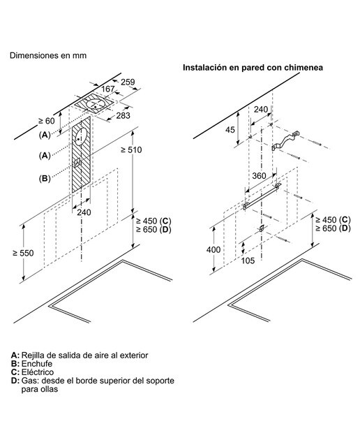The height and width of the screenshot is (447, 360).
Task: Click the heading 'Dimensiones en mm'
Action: [x=48, y=55]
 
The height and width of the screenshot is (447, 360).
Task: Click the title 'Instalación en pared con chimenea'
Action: [x=253, y=68]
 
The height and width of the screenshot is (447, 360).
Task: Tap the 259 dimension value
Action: [x=128, y=82]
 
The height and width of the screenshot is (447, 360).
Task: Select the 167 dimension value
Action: [x=108, y=89]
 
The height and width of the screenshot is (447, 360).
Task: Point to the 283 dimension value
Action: [x=123, y=115]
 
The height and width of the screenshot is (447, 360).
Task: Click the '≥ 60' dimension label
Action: [x=47, y=121]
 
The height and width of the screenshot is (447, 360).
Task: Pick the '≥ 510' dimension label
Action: [x=131, y=150]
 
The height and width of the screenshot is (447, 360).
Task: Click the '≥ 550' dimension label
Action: [x=23, y=253]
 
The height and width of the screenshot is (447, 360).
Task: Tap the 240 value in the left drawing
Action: [x=84, y=212]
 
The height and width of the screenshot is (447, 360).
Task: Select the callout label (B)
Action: [x=45, y=179]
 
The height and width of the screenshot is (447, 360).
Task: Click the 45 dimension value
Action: [x=230, y=130]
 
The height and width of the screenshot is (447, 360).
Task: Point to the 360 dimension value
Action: [x=259, y=176]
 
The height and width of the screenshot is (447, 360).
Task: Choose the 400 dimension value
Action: [x=213, y=250]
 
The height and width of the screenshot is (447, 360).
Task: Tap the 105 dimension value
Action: [x=248, y=261]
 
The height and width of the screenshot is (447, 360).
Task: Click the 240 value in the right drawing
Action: [x=261, y=109]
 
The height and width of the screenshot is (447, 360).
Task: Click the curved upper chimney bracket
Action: [x=285, y=140]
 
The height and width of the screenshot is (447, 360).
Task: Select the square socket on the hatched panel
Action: [x=77, y=163]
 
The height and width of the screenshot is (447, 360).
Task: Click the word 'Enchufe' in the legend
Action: [x=37, y=364]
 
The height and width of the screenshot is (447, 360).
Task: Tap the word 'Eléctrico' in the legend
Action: [x=38, y=372]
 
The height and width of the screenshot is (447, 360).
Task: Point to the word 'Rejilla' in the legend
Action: [x=33, y=356]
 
